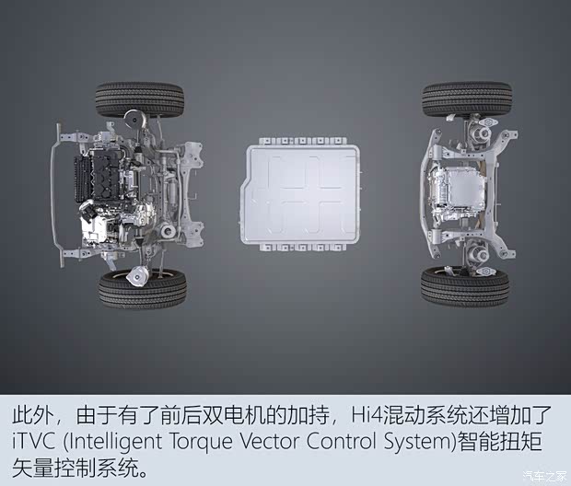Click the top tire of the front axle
(140, 98)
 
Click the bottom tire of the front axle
(143, 288)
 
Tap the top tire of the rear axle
(467, 98)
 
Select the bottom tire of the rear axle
(465, 285)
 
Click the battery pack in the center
(301, 194)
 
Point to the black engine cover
(106, 175)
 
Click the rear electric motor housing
(457, 193)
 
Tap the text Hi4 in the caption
(367, 415)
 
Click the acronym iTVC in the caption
(33, 441)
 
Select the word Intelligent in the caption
(114, 442)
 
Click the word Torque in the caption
(201, 443)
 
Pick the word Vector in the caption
(270, 441)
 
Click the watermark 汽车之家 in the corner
(544, 476)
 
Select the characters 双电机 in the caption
(233, 415)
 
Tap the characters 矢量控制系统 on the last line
(75, 469)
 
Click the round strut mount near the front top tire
(134, 119)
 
